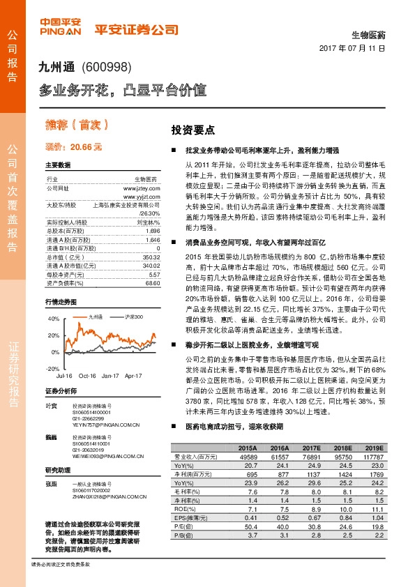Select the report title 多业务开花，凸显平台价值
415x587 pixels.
(121, 90)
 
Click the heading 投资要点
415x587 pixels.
(193, 130)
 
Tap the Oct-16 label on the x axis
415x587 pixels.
(87, 375)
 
